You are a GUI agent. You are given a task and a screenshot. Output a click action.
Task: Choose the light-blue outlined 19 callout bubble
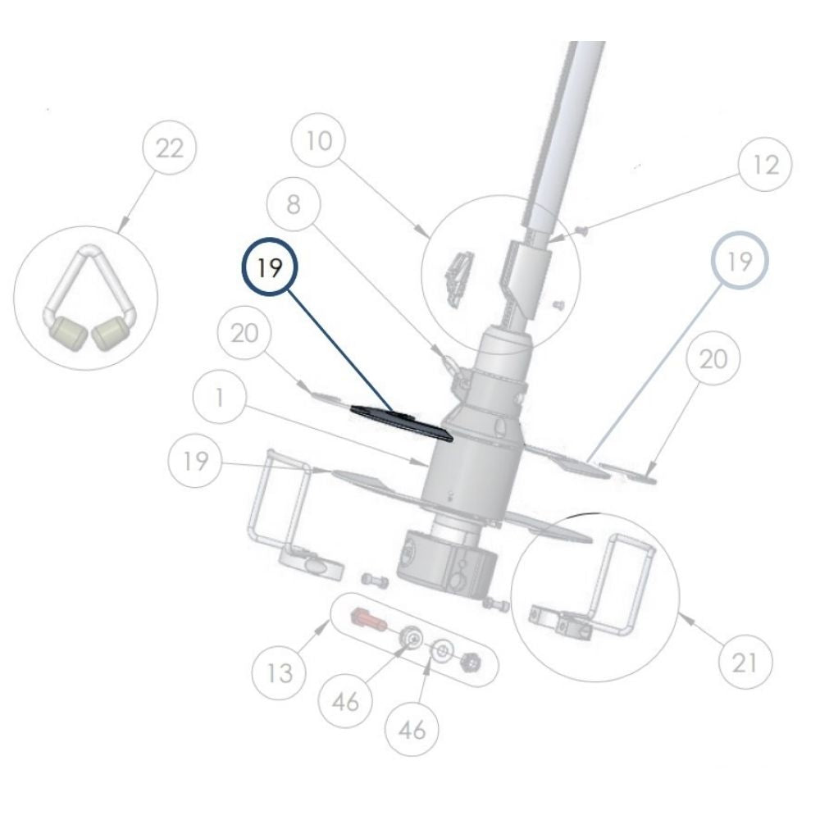[x=740, y=262]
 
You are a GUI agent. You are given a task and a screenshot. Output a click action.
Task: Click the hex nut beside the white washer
[x=471, y=660]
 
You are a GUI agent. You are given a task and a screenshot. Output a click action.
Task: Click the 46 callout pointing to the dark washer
[x=350, y=702]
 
